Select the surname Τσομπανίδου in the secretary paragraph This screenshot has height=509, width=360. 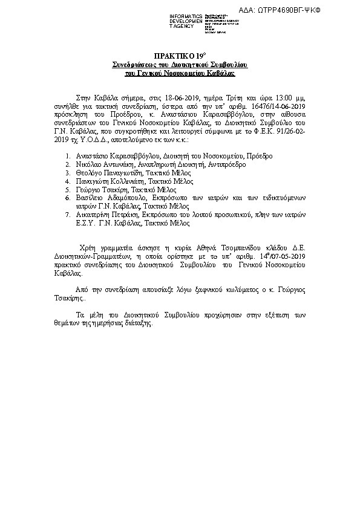click(216, 248)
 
